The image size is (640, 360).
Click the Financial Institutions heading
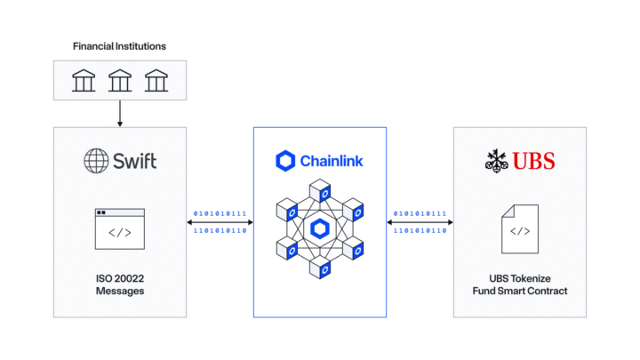[x=119, y=45]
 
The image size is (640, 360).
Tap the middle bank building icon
[x=119, y=83]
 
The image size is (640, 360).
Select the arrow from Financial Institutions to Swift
[x=119, y=115]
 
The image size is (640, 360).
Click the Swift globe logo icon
[x=96, y=161]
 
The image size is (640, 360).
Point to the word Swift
[x=132, y=161]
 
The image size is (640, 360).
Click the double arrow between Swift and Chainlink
[x=220, y=222]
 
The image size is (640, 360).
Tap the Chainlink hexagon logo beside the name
[x=285, y=161]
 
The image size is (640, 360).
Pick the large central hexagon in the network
[x=319, y=228]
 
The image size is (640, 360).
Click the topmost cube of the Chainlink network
[x=320, y=189]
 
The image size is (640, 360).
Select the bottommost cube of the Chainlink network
[x=320, y=269]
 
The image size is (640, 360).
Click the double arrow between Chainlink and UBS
[x=420, y=222]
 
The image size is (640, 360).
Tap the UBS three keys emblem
[x=495, y=161]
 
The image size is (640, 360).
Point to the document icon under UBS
[x=519, y=229]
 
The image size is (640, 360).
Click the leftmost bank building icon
[x=84, y=83]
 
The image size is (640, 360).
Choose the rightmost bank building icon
[x=156, y=83]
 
